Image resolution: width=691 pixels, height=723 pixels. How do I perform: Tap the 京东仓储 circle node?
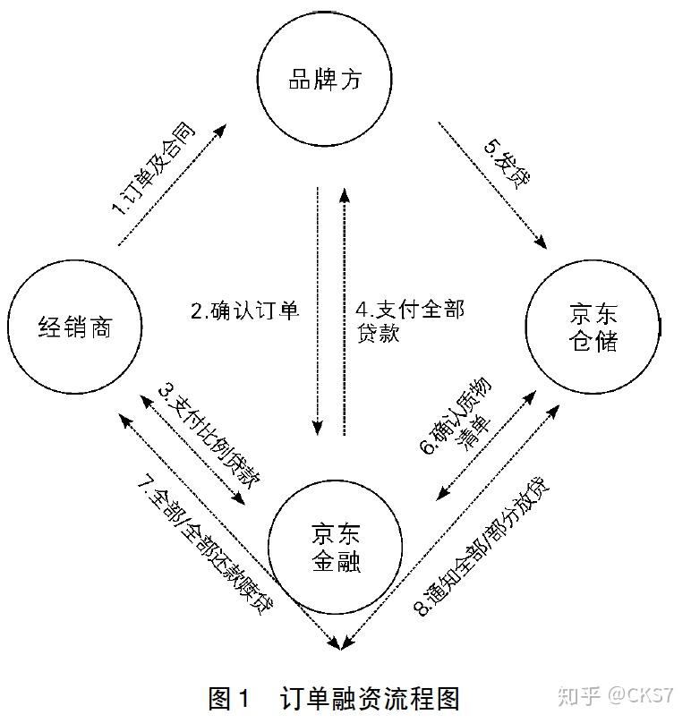coord(593,327)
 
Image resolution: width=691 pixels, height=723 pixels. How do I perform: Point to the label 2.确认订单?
coord(243,311)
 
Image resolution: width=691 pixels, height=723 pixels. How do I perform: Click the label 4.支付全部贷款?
coord(408,322)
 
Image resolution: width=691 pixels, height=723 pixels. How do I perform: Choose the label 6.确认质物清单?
coord(463,431)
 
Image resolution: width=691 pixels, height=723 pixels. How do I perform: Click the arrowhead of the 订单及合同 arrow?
coord(220,131)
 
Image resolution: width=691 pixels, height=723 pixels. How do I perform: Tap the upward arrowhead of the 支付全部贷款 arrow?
coord(343,191)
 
